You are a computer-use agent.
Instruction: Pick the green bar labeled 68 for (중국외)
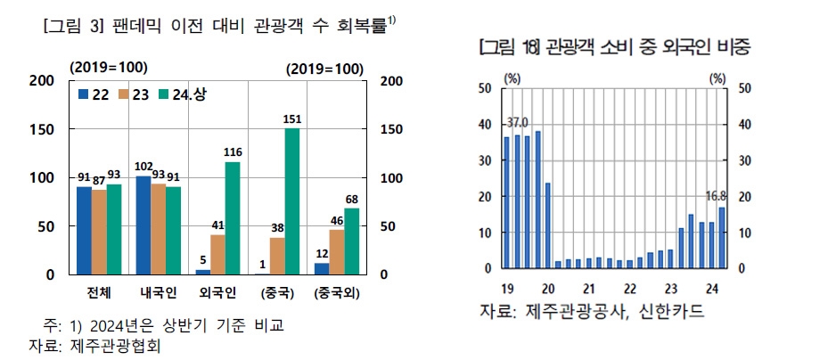tap(351, 241)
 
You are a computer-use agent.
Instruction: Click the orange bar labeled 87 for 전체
tap(98, 233)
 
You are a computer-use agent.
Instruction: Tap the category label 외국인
tap(218, 292)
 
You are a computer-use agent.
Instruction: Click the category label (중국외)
tap(337, 292)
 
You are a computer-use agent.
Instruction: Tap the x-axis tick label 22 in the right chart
tap(629, 288)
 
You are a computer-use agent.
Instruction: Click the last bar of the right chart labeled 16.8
tap(720, 237)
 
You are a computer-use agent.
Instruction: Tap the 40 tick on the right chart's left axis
tap(485, 125)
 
